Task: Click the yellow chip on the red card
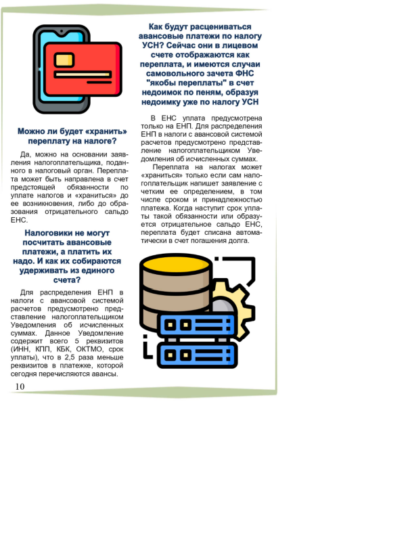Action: pyautogui.click(x=65, y=60)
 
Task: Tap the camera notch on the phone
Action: pyautogui.click(x=61, y=31)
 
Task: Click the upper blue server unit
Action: pyautogui.click(x=196, y=324)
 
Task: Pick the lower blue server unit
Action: pyautogui.click(x=196, y=354)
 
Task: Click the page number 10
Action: pyautogui.click(x=20, y=386)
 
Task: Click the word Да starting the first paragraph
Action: pyautogui.click(x=26, y=154)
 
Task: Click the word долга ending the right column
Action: pyautogui.click(x=235, y=241)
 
